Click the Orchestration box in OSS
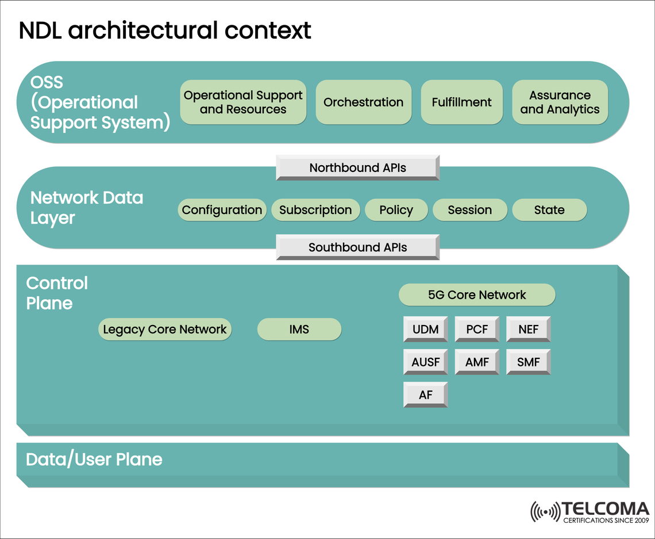tap(363, 102)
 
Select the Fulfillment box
tap(461, 102)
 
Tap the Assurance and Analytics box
tap(560, 102)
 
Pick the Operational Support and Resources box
tap(243, 102)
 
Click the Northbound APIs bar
tap(357, 168)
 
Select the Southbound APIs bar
tap(357, 247)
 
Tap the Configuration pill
tap(222, 210)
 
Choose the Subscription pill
tap(315, 210)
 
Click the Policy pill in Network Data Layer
tap(396, 210)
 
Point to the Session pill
tap(469, 210)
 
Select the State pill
tap(549, 210)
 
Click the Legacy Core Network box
tap(165, 330)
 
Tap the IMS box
tap(299, 330)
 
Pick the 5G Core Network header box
tap(477, 295)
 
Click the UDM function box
tap(425, 330)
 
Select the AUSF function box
tap(425, 362)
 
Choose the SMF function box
tap(528, 362)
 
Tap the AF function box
tap(425, 395)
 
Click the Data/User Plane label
tap(94, 460)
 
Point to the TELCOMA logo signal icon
tap(544, 511)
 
